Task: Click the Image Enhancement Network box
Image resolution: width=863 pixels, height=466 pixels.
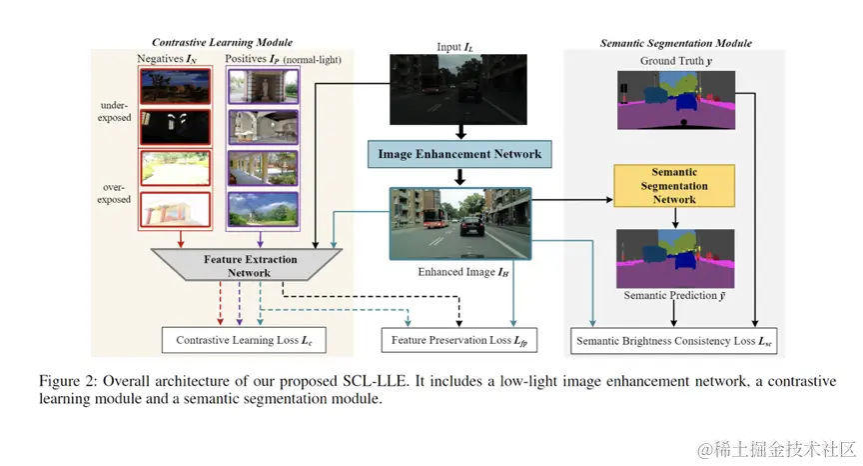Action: [x=459, y=154]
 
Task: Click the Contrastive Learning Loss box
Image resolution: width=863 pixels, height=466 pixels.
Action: [x=244, y=341]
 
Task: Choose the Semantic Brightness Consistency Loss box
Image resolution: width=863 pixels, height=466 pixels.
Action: [x=674, y=341]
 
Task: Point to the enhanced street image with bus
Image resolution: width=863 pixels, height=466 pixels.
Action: [x=459, y=223]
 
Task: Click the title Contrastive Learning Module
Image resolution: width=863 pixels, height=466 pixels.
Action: [x=222, y=42]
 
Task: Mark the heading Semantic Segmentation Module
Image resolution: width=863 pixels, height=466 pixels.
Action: [x=675, y=43]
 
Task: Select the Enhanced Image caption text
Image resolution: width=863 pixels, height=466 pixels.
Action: [x=459, y=270]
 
